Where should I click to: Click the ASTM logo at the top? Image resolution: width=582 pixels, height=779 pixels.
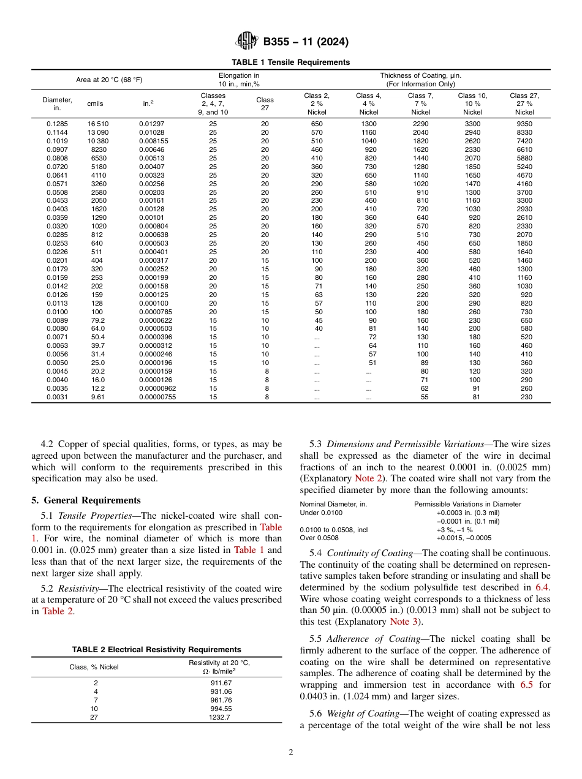tap(247, 42)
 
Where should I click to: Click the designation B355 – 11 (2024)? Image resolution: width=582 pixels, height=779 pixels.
tap(306, 42)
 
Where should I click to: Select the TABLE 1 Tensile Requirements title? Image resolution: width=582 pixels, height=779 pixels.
tap(290, 62)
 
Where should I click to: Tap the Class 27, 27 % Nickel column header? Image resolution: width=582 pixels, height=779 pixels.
tap(524, 104)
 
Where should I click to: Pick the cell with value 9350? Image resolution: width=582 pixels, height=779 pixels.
tap(524, 124)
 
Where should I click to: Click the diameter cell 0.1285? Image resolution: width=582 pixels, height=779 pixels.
tap(57, 124)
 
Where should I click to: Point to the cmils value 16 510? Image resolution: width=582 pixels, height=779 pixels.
tap(98, 124)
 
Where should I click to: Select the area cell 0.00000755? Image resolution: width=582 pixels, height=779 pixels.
tap(158, 397)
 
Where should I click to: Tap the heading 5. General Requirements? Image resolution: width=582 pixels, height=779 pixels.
tap(88, 500)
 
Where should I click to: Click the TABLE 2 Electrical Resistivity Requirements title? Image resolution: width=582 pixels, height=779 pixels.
tap(156, 650)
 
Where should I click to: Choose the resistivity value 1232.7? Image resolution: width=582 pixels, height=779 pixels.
tap(219, 718)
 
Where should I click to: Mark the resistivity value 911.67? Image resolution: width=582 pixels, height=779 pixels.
tap(221, 683)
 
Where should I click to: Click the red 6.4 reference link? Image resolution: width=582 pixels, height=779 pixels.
tap(543, 587)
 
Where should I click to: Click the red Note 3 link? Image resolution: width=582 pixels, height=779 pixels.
tap(404, 622)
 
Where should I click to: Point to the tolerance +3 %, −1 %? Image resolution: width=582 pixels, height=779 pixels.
tap(454, 530)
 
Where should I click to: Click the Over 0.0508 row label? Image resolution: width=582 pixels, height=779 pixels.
tap(320, 538)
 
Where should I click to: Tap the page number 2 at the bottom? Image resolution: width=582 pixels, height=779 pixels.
tap(291, 753)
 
